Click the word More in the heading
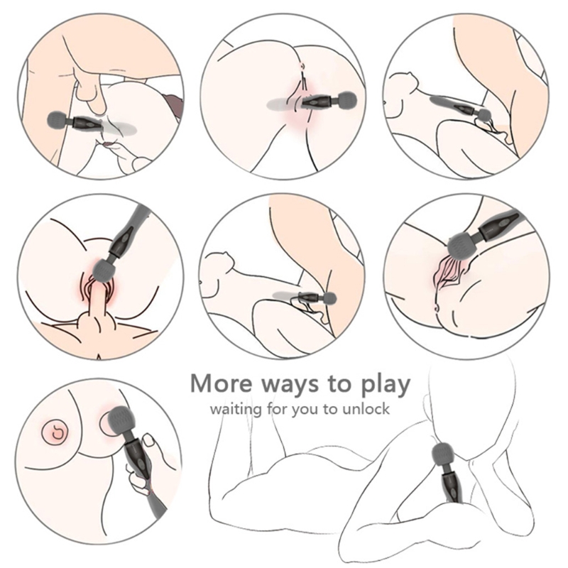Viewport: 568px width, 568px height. pyautogui.click(x=221, y=383)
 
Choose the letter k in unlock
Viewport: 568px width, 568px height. pyautogui.click(x=386, y=408)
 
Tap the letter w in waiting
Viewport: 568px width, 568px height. pyautogui.click(x=217, y=410)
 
